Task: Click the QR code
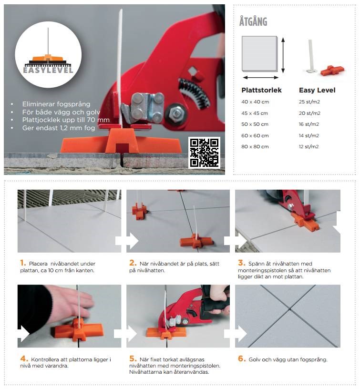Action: (204, 153)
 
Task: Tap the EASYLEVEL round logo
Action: (48, 54)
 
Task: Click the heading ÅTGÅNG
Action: (253, 21)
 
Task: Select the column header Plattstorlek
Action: (261, 90)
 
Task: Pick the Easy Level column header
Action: (317, 90)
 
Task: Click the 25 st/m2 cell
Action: (309, 102)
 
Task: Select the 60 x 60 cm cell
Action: (255, 135)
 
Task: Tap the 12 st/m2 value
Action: (309, 146)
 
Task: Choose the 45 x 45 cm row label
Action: (255, 113)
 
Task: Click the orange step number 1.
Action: (23, 263)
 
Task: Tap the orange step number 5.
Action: (133, 358)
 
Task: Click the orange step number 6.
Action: (242, 358)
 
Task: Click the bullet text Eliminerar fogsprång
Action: (56, 104)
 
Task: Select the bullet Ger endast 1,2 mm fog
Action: (59, 128)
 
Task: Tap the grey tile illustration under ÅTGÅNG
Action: (259, 54)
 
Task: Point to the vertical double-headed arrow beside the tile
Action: (283, 55)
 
